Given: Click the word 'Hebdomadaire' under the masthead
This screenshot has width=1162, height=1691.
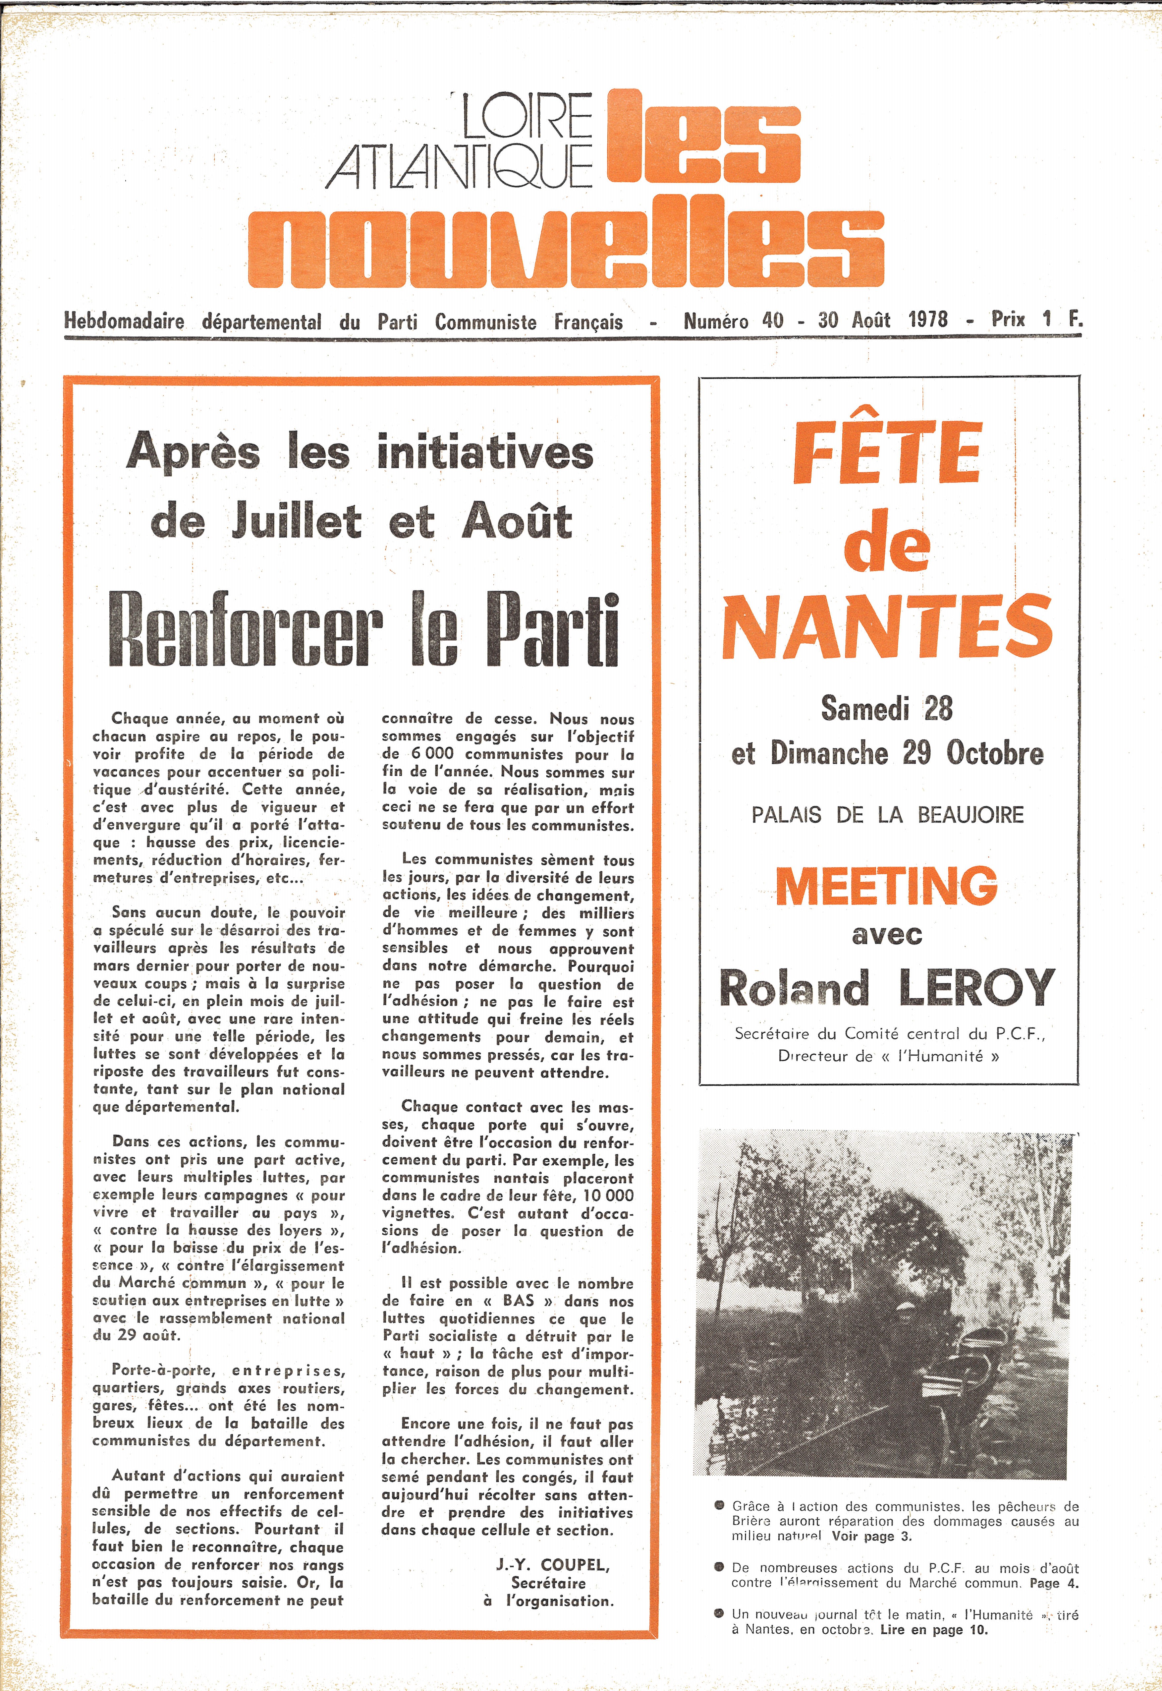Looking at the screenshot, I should click(x=124, y=322).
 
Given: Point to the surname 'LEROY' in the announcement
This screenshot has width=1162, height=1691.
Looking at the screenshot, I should click(x=977, y=988).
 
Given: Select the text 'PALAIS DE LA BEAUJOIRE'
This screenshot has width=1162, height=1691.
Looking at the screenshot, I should click(x=888, y=815).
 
